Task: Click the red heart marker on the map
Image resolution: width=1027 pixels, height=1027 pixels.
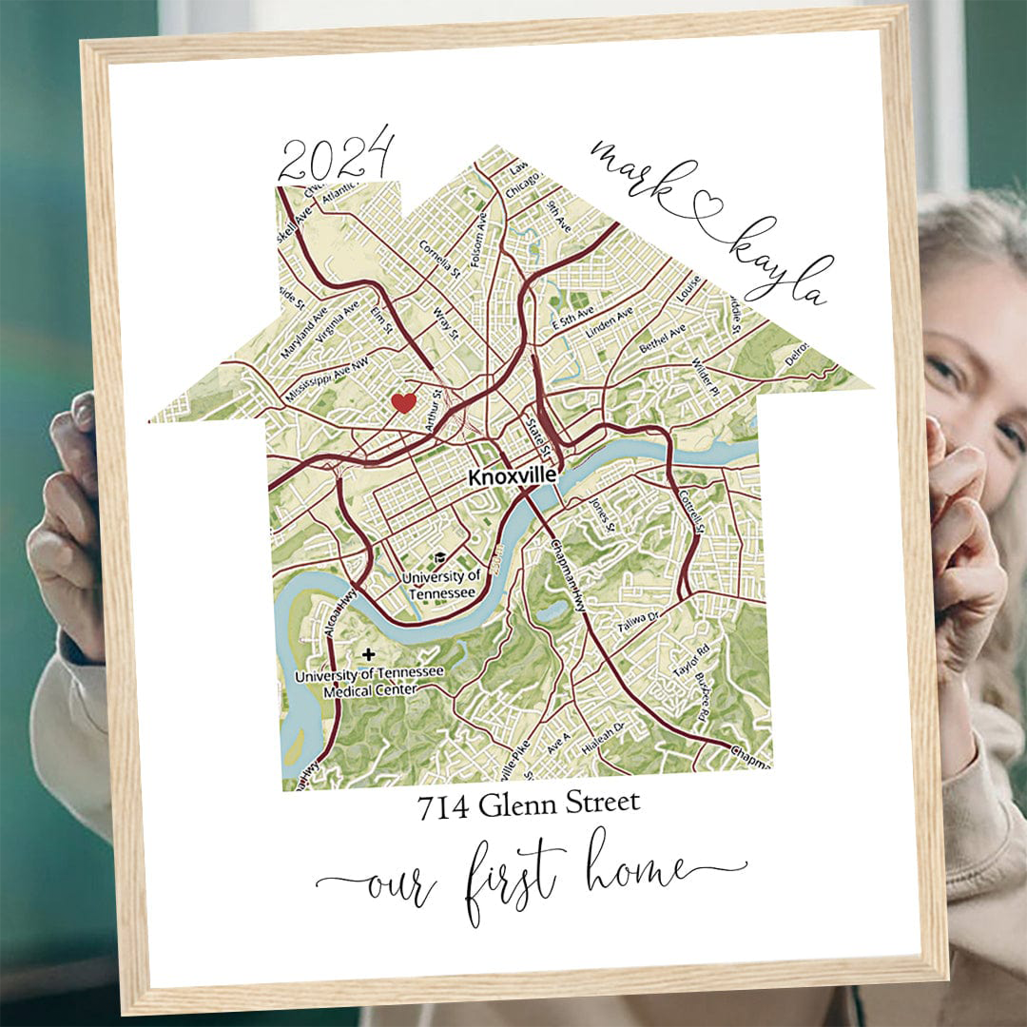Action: pos(404,401)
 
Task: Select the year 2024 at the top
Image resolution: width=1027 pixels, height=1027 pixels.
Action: pos(336,156)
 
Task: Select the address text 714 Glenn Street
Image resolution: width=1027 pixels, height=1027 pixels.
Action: pos(529,804)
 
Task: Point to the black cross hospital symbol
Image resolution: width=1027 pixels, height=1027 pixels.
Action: pos(369,654)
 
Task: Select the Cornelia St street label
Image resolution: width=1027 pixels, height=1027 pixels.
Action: pos(439,256)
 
